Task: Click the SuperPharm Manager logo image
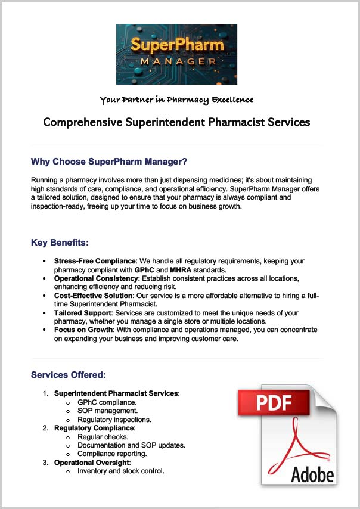point(176,54)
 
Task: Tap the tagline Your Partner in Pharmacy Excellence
point(176,100)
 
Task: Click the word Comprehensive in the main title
point(83,122)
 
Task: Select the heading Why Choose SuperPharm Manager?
point(109,162)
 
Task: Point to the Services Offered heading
point(68,375)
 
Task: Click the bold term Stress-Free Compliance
point(95,261)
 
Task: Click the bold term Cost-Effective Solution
point(94,296)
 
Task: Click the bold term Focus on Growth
point(82,330)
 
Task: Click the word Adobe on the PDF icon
point(312,474)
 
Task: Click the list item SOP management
point(108,411)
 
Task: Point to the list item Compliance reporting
point(112,454)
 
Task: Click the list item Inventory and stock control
point(121,471)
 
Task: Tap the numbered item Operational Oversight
point(92,463)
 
